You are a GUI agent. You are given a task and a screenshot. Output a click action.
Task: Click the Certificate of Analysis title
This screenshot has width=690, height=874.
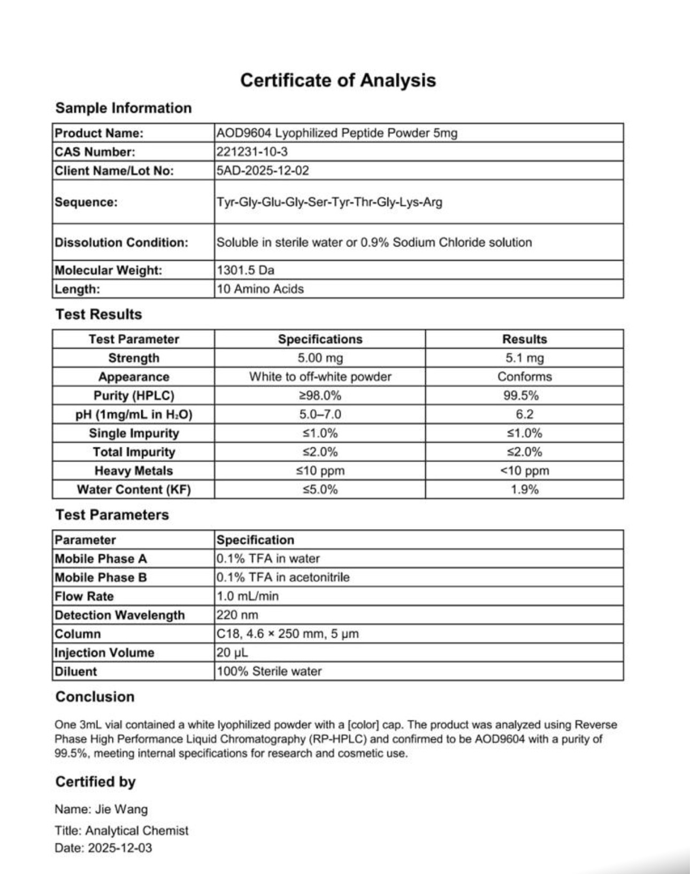point(338,80)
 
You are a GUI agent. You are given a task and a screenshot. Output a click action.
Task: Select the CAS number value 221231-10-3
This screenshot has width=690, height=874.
point(252,152)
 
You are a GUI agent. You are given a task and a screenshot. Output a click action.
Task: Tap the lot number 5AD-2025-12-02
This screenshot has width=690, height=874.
point(263,171)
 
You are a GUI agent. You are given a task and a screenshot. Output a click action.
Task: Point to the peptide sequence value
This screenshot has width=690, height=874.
point(329,202)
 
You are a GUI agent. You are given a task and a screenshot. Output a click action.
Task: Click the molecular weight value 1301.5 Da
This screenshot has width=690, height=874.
point(246,270)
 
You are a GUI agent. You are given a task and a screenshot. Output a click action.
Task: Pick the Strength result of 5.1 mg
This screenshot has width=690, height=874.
point(524,358)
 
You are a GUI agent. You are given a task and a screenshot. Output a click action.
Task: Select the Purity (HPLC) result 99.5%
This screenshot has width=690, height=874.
point(524,396)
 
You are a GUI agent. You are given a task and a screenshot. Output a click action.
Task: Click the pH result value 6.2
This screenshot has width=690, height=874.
point(524,414)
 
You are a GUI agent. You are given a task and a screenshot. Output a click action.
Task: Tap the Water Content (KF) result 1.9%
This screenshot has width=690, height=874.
point(524,490)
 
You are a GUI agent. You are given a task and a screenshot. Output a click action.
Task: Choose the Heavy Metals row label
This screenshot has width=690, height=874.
point(134,471)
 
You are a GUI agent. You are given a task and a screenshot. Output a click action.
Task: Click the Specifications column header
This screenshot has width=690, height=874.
point(320,339)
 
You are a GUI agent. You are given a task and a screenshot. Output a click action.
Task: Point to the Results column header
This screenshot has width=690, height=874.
point(524,339)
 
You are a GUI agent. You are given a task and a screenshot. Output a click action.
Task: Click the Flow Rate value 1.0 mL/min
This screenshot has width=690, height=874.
point(248,596)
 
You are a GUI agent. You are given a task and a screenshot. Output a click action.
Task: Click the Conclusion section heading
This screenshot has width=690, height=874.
point(95,697)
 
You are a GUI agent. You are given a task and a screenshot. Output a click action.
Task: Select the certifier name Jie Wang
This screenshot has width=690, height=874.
point(121,809)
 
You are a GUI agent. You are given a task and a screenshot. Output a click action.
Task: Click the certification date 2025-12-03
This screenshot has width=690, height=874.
point(120,848)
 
